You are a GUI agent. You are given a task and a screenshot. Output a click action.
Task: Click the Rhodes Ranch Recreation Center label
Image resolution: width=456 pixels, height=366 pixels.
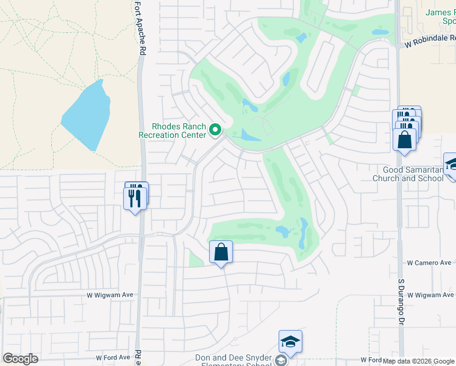click(173, 130)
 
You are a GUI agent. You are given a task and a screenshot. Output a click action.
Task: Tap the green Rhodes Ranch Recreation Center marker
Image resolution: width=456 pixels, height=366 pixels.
click(215, 129)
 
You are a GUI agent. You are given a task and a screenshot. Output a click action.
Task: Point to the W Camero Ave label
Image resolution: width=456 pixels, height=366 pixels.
click(429, 262)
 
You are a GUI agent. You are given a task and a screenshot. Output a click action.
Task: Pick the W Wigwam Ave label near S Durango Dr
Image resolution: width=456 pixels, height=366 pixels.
click(432, 295)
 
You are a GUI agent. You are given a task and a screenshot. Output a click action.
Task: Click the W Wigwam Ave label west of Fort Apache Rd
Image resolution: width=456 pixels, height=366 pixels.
click(110, 295)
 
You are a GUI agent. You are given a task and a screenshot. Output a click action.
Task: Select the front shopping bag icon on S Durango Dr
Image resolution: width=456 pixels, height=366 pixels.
click(405, 140)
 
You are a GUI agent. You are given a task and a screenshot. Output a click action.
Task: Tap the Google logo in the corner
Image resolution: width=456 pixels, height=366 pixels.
click(21, 359)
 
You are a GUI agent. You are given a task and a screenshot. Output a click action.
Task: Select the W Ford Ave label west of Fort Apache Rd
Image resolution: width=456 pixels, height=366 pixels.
click(113, 357)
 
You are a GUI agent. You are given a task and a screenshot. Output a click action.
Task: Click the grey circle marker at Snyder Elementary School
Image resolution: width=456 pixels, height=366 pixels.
click(280, 361)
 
